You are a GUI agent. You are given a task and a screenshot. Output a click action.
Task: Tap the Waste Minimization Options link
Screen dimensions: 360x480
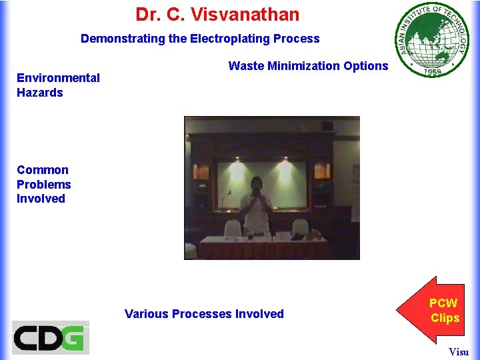click(x=308, y=65)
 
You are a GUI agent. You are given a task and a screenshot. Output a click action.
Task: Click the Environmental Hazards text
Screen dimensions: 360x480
click(x=58, y=85)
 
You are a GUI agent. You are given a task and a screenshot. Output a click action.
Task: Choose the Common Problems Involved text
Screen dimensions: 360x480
click(x=43, y=184)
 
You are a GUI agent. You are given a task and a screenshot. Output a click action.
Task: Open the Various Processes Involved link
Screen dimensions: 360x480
click(x=204, y=314)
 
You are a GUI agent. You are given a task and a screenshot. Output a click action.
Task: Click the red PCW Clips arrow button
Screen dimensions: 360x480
click(x=438, y=311)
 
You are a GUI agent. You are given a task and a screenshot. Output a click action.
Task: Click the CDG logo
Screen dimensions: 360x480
click(x=50, y=337)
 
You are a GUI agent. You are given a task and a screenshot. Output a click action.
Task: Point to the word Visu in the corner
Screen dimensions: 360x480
click(x=459, y=351)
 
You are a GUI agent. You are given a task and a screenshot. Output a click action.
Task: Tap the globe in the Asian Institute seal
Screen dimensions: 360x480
click(x=431, y=39)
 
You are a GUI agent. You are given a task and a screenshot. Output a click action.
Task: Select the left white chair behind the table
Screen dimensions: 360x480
click(x=232, y=229)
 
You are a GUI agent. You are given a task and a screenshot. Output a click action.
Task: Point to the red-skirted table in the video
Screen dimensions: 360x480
click(x=264, y=248)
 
